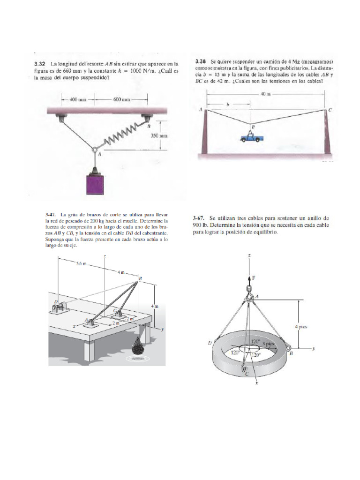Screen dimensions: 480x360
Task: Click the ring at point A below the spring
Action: coord(95,150)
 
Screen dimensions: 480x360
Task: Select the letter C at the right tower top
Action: coord(330,110)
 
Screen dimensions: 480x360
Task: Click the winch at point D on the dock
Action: coord(60,309)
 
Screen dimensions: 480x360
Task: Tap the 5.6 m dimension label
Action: coord(82,264)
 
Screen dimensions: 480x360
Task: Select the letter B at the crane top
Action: coord(140,278)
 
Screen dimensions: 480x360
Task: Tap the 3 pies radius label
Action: coord(269,344)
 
